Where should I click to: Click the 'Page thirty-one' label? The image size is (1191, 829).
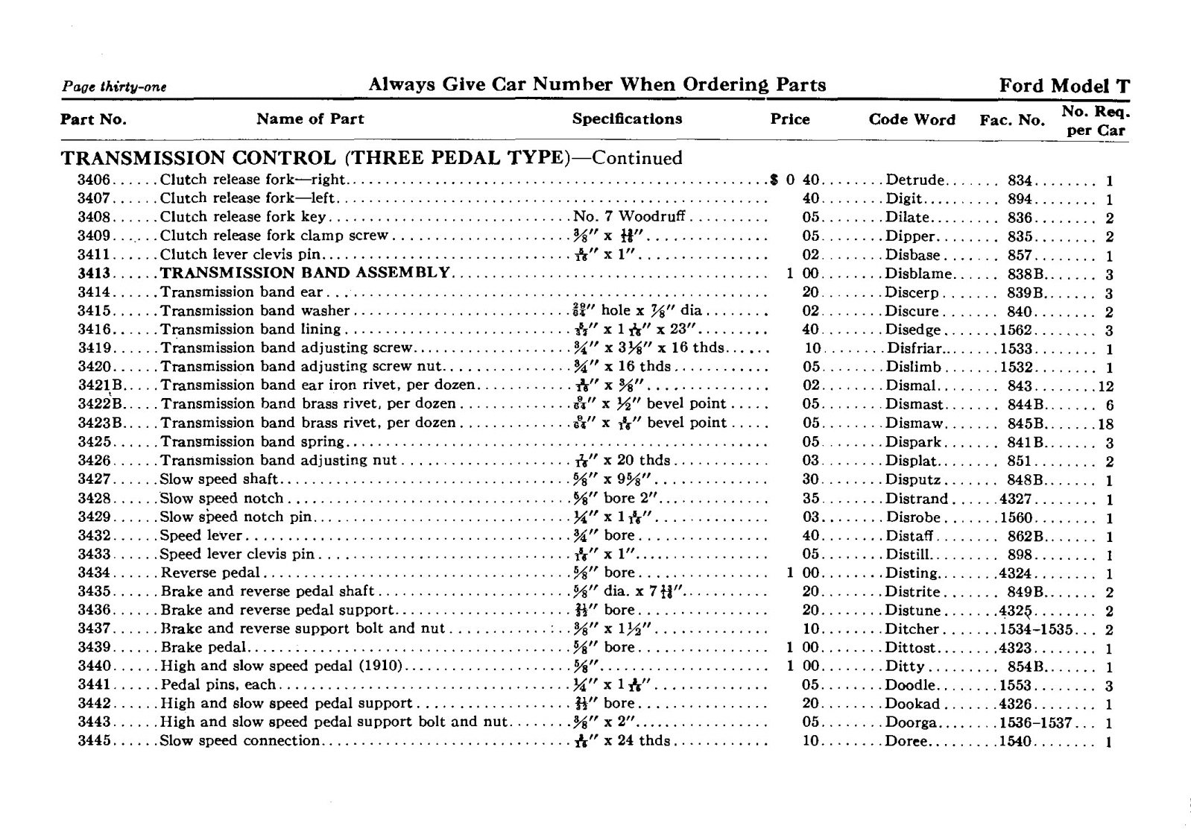(113, 87)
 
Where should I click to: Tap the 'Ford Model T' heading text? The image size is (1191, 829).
(1064, 86)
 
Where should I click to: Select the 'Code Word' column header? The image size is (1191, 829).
(912, 120)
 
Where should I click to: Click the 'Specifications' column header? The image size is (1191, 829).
(627, 119)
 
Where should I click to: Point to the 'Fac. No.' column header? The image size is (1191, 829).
(1012, 120)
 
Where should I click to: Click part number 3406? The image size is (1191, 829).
(94, 180)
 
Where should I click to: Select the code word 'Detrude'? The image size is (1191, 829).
(915, 180)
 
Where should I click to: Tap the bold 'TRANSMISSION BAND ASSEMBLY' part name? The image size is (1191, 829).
(306, 273)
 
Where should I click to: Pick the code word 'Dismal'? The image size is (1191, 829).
(910, 386)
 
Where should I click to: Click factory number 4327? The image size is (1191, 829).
(1016, 499)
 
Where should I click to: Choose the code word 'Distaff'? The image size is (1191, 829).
(909, 536)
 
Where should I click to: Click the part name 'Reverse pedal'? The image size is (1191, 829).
(210, 573)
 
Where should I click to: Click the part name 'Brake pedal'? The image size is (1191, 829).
(203, 648)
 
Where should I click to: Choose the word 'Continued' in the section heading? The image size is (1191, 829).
(637, 158)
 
